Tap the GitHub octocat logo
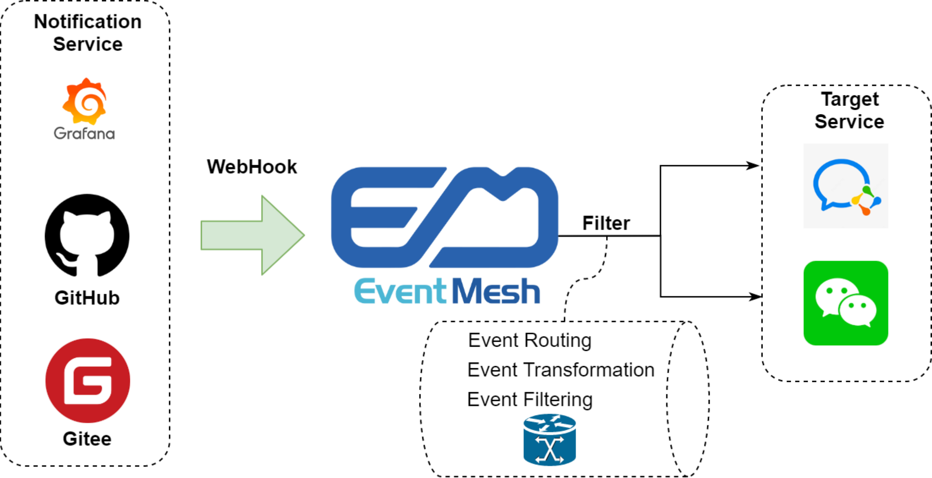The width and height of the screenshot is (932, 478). pyautogui.click(x=87, y=235)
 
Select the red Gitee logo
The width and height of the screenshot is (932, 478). pyautogui.click(x=88, y=380)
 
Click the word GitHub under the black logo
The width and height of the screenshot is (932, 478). pyautogui.click(x=87, y=298)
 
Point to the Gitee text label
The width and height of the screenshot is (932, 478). pyautogui.click(x=87, y=438)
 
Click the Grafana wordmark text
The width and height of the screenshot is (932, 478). pyautogui.click(x=84, y=133)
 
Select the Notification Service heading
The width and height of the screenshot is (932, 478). pyautogui.click(x=88, y=32)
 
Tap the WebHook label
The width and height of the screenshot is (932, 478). pyautogui.click(x=252, y=167)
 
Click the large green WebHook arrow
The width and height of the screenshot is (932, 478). pyautogui.click(x=252, y=235)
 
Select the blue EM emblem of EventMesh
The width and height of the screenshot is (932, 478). pyautogui.click(x=444, y=217)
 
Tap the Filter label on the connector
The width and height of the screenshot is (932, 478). pyautogui.click(x=606, y=223)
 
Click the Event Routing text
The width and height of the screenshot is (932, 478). pyautogui.click(x=530, y=341)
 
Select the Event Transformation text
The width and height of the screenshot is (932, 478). pyautogui.click(x=561, y=370)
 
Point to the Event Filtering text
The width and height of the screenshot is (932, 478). pyautogui.click(x=530, y=400)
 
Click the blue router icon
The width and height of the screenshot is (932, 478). pyautogui.click(x=550, y=440)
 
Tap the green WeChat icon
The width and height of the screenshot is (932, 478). pyautogui.click(x=846, y=303)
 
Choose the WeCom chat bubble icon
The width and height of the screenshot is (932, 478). pyautogui.click(x=846, y=186)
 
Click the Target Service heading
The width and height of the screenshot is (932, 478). pyautogui.click(x=849, y=110)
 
